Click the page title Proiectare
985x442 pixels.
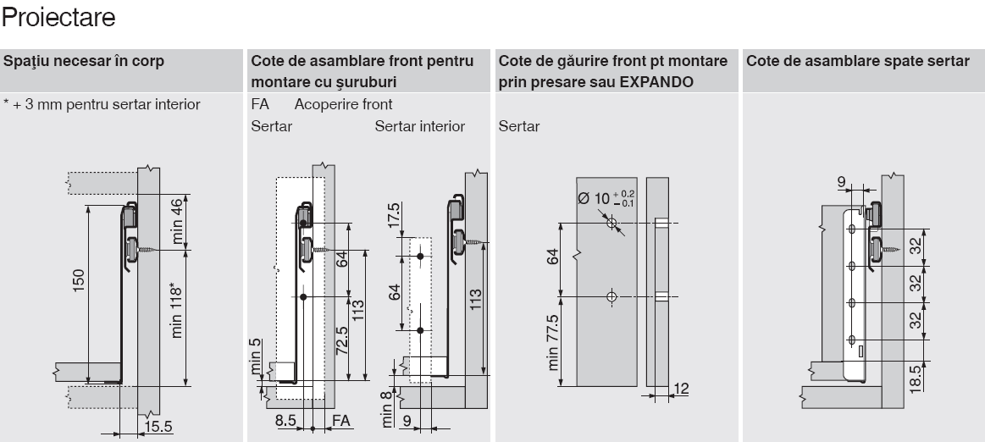point(58,17)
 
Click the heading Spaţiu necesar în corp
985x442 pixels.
point(84,61)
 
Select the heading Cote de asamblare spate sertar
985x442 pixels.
point(858,61)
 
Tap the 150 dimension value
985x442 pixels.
point(79,282)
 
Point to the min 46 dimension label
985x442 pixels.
point(176,221)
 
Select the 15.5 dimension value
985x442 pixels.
point(158,427)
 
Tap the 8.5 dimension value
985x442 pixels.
point(285,420)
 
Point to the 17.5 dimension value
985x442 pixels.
point(394,215)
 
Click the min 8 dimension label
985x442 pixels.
point(387,408)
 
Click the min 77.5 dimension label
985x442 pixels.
point(552,342)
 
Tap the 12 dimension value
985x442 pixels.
point(681,389)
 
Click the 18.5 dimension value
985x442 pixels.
point(916,378)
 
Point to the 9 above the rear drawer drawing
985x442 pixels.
point(841,183)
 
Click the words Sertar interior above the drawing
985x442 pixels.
point(419,126)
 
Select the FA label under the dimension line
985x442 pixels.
point(340,420)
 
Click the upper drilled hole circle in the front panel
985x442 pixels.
point(611,223)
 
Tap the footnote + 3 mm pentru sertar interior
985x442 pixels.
point(102,104)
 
